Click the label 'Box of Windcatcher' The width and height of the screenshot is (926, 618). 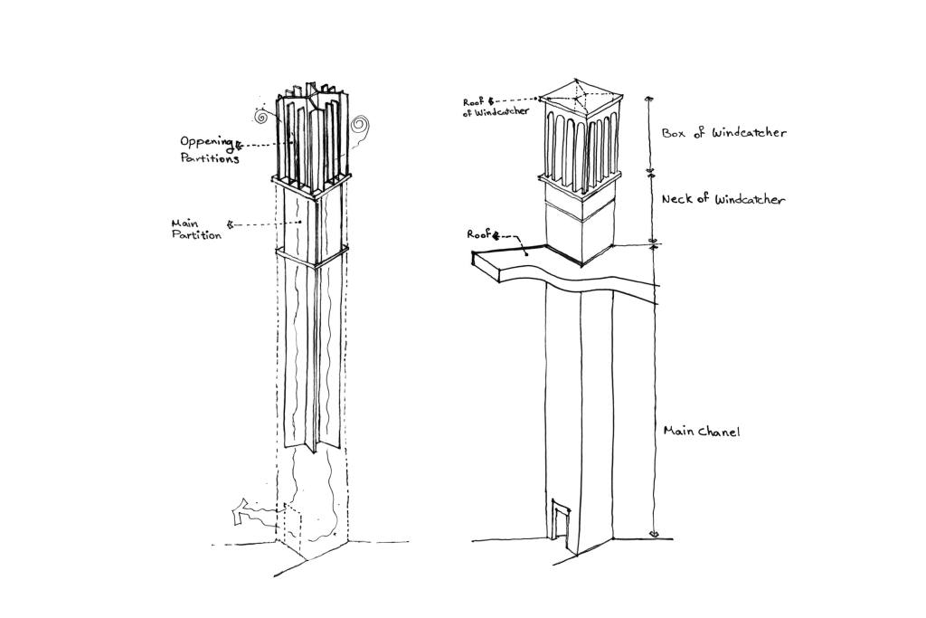[723, 133]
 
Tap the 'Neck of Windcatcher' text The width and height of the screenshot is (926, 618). [723, 200]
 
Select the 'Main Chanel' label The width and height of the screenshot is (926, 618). [702, 432]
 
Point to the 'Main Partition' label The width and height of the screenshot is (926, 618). [195, 229]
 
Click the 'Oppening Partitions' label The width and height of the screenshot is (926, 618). [208, 149]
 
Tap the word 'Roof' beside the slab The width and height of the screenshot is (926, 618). [479, 234]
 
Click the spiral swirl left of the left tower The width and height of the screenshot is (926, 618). [261, 117]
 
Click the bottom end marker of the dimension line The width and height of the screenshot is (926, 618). [655, 534]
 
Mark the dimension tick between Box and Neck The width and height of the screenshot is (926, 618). [648, 170]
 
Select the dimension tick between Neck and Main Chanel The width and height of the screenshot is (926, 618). [655, 243]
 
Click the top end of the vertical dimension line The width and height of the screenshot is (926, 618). [647, 97]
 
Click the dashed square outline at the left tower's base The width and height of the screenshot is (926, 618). [298, 523]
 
